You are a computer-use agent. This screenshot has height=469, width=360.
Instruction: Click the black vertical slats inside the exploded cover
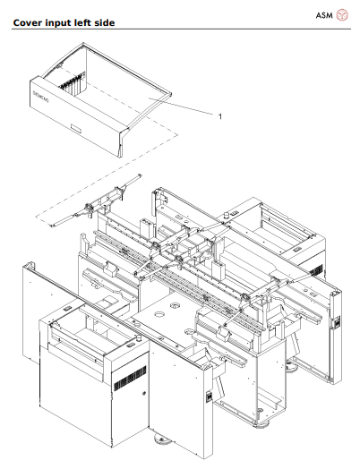pos(66,90)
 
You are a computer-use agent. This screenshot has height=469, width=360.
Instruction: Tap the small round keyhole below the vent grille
pos(142,392)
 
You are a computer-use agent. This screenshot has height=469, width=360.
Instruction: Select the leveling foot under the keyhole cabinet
pos(162,441)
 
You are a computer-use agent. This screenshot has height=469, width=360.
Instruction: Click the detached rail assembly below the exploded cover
pos(90,208)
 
